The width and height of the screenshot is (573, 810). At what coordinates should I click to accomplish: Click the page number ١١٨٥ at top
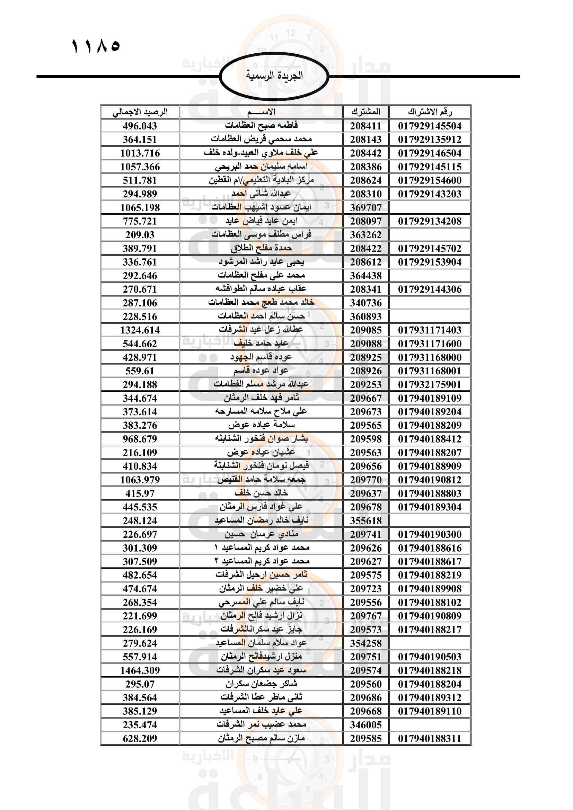tap(96, 46)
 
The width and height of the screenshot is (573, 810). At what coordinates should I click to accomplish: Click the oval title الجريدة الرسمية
tap(274, 76)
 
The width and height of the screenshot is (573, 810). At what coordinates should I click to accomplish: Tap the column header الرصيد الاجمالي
tap(140, 112)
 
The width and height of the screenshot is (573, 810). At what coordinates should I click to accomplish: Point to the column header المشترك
tap(365, 112)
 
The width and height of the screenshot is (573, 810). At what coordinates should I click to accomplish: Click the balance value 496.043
tap(140, 126)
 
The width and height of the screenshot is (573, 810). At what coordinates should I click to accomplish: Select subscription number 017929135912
tap(430, 140)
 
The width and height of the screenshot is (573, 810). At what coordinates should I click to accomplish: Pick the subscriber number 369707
tap(365, 208)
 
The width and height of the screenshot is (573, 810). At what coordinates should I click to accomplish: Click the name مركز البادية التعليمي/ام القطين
tap(261, 180)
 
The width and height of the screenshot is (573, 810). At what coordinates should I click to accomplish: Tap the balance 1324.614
tap(140, 330)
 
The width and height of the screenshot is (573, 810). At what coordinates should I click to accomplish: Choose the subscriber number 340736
tap(365, 303)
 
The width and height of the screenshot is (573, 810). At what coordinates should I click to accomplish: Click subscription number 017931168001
tap(430, 371)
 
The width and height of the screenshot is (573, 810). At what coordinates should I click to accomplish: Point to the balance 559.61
tap(140, 371)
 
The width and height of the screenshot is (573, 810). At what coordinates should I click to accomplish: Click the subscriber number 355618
tap(365, 521)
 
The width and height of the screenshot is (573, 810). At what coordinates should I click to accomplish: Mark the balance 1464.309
tap(140, 671)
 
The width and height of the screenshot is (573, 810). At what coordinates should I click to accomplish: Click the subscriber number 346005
tap(365, 725)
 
